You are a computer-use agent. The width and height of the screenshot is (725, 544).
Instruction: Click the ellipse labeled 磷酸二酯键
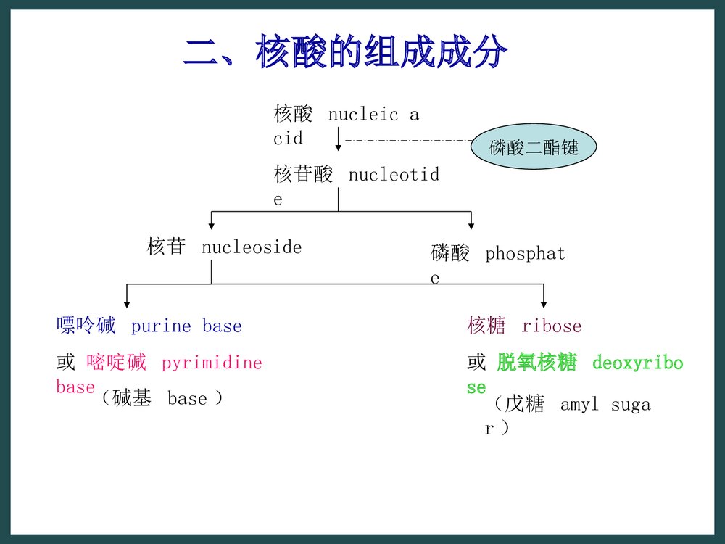[534, 148]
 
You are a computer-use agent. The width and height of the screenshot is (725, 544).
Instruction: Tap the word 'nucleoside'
[252, 247]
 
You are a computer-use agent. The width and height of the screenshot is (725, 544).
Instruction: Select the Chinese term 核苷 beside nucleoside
[166, 247]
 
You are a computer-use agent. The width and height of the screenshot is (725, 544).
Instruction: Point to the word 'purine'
[161, 326]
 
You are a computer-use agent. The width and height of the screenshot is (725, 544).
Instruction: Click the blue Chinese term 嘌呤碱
[86, 326]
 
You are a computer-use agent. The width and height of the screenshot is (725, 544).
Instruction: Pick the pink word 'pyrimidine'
[212, 363]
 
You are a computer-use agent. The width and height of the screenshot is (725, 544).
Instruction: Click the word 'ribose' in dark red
[551, 326]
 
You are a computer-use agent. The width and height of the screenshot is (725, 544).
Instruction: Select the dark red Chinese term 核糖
[486, 326]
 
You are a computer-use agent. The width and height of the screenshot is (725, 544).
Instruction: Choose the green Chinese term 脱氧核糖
[536, 363]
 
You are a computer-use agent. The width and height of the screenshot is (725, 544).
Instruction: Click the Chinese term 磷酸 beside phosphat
[450, 254]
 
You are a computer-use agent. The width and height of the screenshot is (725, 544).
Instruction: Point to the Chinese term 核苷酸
[304, 175]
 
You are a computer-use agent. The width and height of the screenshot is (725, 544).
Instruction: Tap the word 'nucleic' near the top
[363, 115]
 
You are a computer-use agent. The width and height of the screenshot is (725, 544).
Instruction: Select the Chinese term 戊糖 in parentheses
[525, 404]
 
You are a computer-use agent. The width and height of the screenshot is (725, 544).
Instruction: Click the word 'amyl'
[579, 405]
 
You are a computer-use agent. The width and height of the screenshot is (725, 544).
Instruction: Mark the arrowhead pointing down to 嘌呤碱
[127, 304]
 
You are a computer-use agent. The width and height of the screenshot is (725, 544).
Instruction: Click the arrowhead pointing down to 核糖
[544, 304]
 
